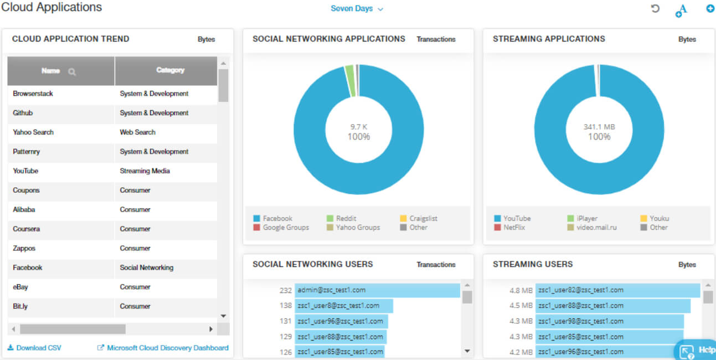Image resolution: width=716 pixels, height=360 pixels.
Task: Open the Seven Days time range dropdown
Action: tap(357, 9)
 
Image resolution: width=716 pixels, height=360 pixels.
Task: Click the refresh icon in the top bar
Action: tap(655, 8)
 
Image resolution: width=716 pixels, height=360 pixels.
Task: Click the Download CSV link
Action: tap(34, 347)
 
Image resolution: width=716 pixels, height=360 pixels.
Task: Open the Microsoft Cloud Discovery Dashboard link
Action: tap(163, 347)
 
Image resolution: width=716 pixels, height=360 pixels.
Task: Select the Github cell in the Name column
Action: tap(23, 113)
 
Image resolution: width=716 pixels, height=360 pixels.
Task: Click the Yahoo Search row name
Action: tap(33, 132)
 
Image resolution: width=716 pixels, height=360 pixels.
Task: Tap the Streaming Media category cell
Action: tap(145, 171)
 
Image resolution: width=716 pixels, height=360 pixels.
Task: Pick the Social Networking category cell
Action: tap(147, 268)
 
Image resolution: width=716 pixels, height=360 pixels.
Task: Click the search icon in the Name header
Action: tap(72, 71)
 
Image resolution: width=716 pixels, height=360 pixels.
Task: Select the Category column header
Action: tap(170, 70)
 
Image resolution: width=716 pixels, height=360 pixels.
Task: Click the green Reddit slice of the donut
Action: tap(351, 81)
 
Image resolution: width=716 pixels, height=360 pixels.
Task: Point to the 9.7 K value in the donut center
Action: tap(359, 127)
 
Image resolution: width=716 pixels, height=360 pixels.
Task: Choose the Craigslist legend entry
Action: tap(419, 218)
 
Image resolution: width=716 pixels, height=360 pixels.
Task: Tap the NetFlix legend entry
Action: tap(509, 227)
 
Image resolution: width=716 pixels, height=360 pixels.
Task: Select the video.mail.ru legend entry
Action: tap(592, 227)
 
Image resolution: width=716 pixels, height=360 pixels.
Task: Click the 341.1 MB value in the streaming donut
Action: tap(599, 127)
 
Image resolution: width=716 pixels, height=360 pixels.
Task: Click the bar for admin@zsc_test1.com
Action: tap(377, 290)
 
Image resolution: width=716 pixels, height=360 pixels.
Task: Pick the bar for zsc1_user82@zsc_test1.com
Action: tap(618, 290)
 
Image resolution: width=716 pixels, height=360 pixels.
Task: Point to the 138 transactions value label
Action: tap(285, 306)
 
